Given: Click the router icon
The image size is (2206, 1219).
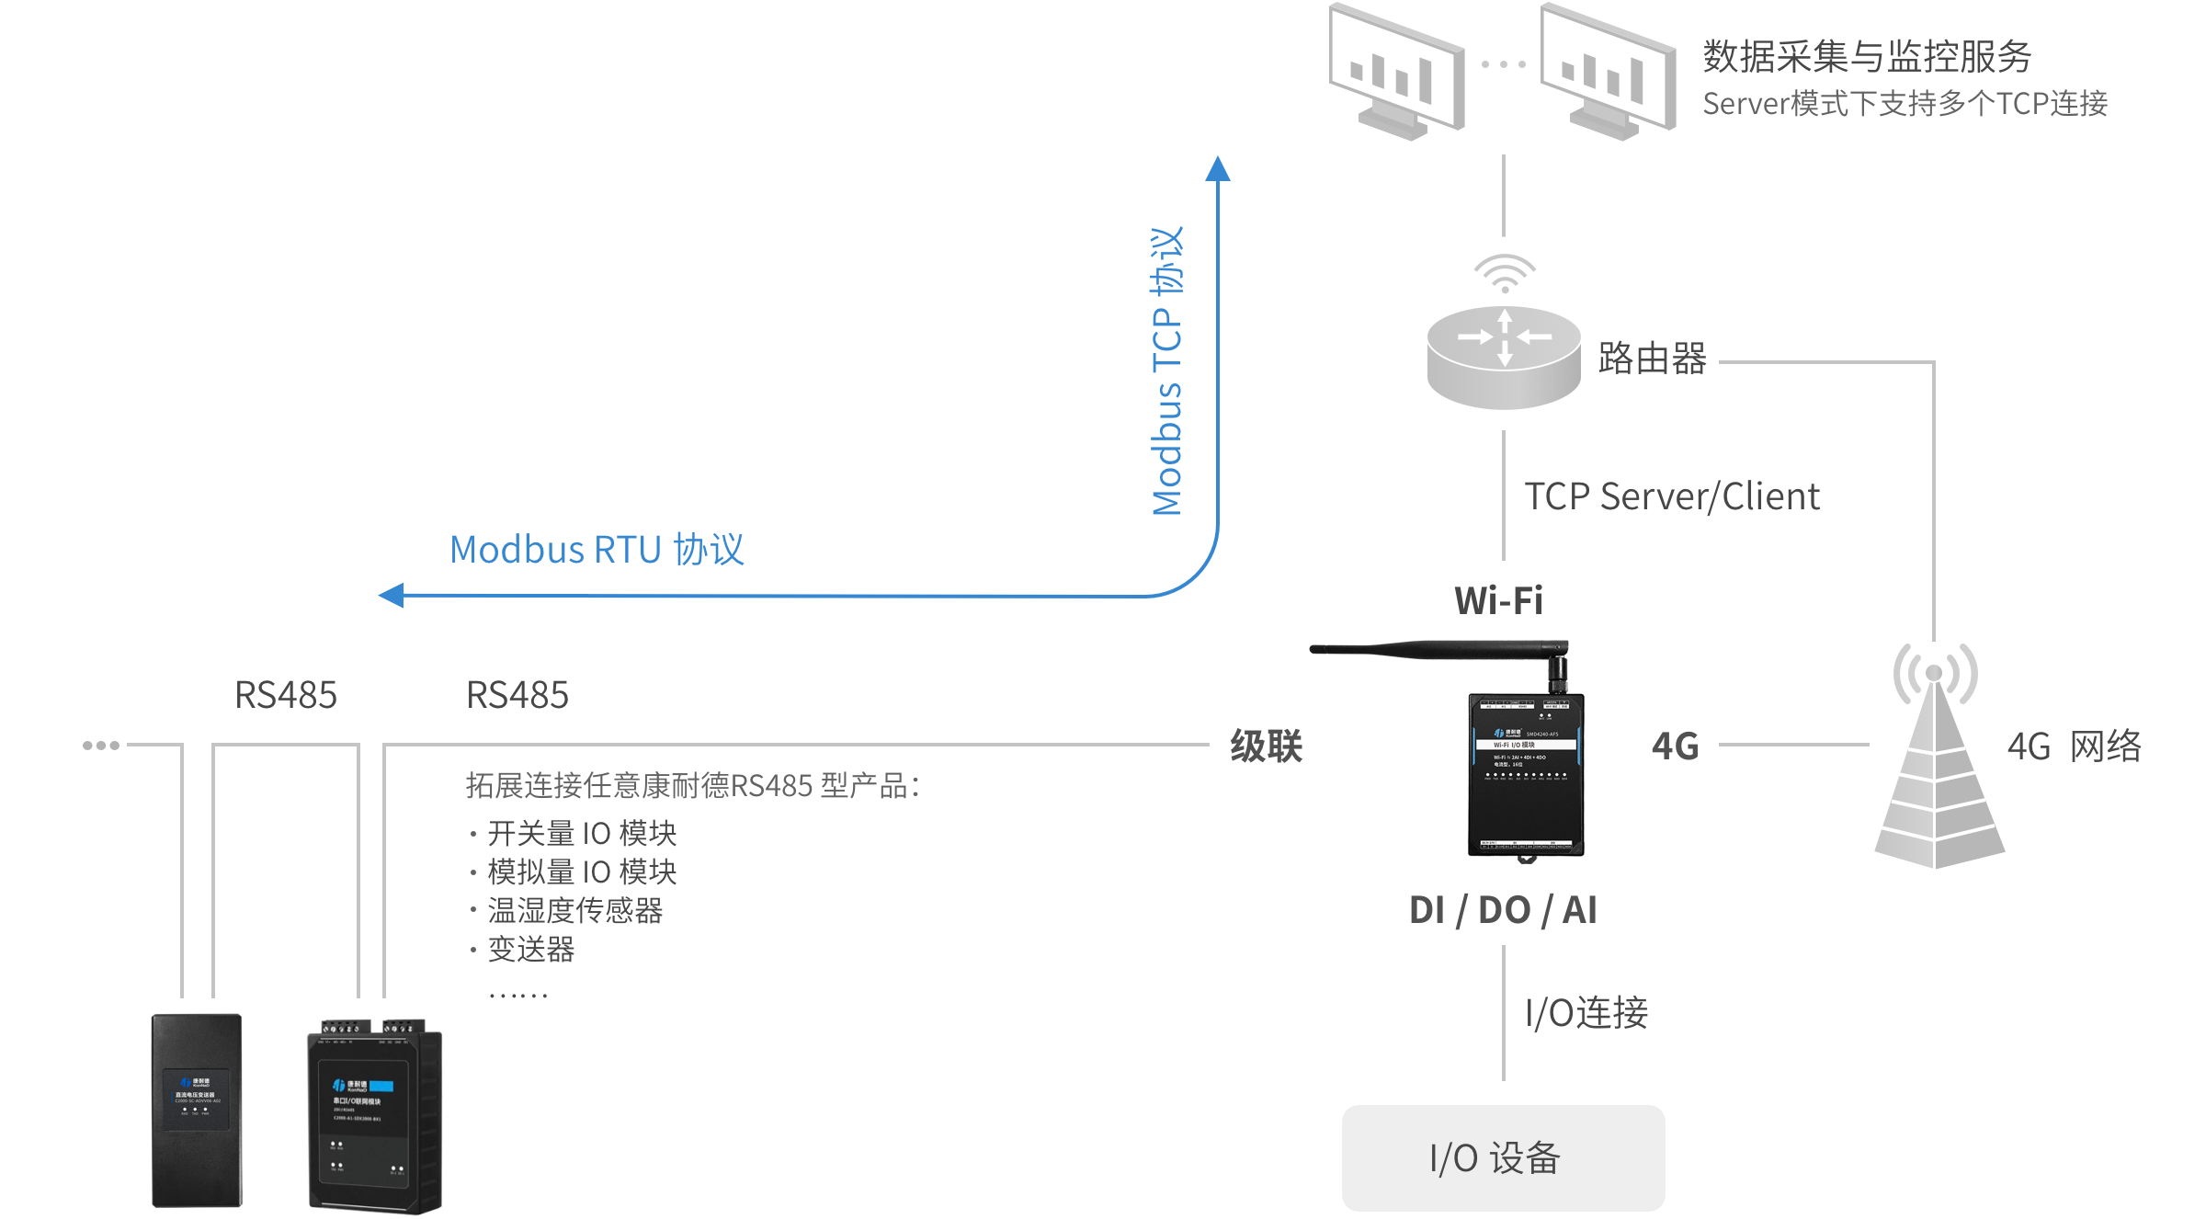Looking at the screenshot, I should pyautogui.click(x=1503, y=359).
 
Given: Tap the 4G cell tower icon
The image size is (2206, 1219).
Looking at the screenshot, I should pyautogui.click(x=1938, y=763).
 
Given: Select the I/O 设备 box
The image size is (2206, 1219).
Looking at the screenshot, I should pyautogui.click(x=1503, y=1157).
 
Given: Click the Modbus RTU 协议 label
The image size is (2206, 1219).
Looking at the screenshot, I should pyautogui.click(x=597, y=550).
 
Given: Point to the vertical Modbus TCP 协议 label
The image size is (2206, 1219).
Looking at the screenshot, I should pyautogui.click(x=1167, y=371).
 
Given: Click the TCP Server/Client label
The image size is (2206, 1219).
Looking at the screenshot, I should pyautogui.click(x=1671, y=496).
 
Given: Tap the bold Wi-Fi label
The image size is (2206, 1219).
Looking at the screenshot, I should pyautogui.click(x=1498, y=601).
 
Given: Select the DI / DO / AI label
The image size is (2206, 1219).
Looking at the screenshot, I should pyautogui.click(x=1503, y=910).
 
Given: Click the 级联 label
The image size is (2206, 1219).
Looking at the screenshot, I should pyautogui.click(x=1266, y=746).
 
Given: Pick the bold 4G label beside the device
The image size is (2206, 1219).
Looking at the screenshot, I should pyautogui.click(x=1675, y=746).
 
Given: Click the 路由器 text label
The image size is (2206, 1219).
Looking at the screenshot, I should pyautogui.click(x=1652, y=359).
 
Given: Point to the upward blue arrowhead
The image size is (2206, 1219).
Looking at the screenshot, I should pyautogui.click(x=1218, y=169).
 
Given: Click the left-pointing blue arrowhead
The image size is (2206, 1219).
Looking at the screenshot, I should pyautogui.click(x=392, y=596).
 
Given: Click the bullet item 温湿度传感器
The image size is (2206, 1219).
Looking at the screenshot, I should pyautogui.click(x=574, y=910).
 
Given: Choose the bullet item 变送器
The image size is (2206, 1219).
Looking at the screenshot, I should pyautogui.click(x=530, y=949).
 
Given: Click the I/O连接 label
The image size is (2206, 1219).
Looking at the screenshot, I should pyautogui.click(x=1586, y=1013).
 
